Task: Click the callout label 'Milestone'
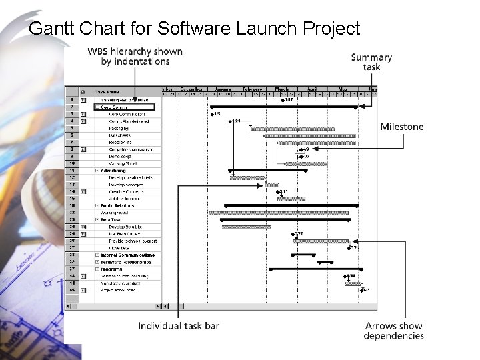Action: pos(401,127)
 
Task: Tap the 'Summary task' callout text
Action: pos(371,62)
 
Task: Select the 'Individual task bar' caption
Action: pos(179,325)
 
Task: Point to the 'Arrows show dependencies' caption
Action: pos(393,331)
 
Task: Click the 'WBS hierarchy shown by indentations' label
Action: pos(135,56)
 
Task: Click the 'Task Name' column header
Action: pos(109,92)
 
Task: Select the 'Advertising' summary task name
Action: pos(113,171)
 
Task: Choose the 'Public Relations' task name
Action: pos(118,206)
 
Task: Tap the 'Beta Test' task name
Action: pos(111,220)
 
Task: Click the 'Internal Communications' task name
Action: pos(127,255)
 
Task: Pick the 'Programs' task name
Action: pos(111,269)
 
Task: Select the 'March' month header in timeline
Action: pos(282,89)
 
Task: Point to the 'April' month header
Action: pos(312,89)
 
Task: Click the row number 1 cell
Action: pos(71,100)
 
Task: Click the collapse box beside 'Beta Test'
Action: pos(97,220)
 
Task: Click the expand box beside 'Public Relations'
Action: pos(97,206)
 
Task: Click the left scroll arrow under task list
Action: pos(158,307)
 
